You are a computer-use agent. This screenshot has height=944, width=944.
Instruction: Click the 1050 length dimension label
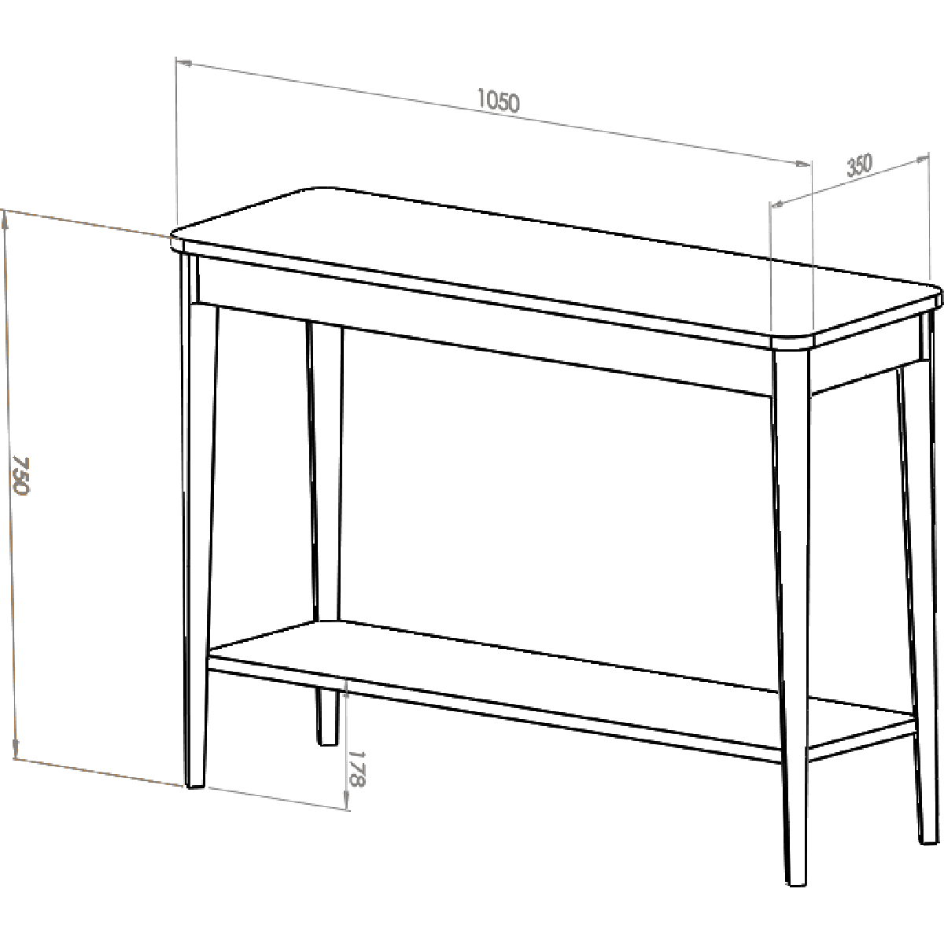[x=498, y=101]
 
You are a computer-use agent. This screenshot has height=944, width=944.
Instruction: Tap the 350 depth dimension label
[x=859, y=165]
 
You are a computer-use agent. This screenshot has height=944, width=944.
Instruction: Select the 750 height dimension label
[x=21, y=476]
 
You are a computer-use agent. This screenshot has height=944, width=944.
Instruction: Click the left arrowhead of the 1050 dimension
[x=183, y=62]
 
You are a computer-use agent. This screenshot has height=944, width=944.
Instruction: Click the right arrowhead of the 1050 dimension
[x=804, y=164]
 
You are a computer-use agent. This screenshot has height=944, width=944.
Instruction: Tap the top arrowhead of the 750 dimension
[x=6, y=221]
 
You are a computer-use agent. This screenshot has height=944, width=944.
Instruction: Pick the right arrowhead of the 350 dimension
[x=921, y=158]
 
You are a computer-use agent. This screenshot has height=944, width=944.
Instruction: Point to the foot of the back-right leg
[x=927, y=841]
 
